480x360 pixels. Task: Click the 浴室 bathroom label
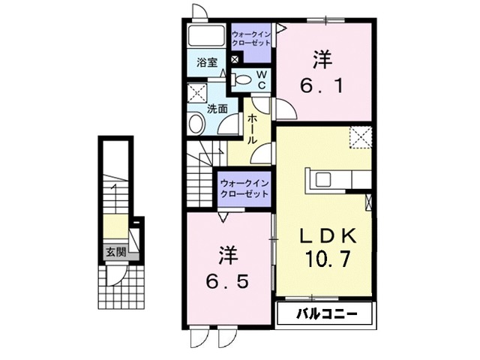point(207,63)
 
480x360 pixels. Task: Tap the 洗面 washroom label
point(218,107)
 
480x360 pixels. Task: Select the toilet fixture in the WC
point(244,78)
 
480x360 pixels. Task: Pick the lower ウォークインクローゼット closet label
point(244,188)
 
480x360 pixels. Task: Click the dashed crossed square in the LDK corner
point(361,138)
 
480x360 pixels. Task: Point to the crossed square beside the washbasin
point(197,94)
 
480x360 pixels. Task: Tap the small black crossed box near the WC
point(235,59)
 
